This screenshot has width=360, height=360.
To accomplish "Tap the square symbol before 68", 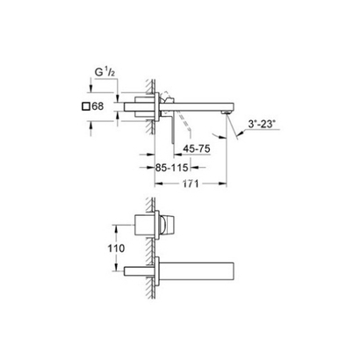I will pos(85,106).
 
